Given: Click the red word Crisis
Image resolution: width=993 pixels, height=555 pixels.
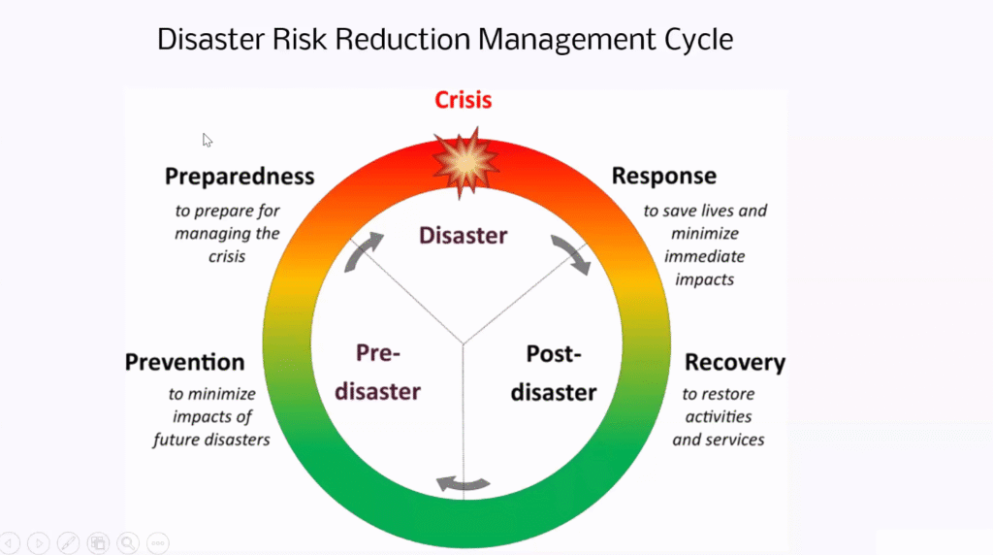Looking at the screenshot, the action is click(x=463, y=100).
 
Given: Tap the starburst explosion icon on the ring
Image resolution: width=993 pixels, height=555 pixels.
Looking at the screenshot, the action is click(x=466, y=163).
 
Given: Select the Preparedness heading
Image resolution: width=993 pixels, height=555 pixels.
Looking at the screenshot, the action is click(x=240, y=177).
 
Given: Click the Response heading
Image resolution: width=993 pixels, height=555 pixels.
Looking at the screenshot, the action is click(x=663, y=176).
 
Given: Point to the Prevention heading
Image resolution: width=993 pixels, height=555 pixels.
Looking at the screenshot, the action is click(x=184, y=362).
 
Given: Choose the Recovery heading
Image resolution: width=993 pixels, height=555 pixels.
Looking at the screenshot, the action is click(x=735, y=362).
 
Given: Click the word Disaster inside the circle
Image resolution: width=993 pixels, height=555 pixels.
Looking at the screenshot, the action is click(x=463, y=235).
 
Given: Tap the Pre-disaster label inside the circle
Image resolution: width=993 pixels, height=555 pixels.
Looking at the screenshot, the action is click(x=377, y=373).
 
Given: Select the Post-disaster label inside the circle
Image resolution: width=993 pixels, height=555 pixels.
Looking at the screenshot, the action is click(x=554, y=374).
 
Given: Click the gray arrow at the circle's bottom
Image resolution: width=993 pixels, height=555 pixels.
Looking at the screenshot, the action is click(x=463, y=485).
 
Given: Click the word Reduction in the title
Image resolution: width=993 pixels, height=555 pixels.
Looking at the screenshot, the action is click(x=402, y=39).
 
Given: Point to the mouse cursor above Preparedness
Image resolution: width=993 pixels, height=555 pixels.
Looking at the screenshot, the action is click(x=208, y=140).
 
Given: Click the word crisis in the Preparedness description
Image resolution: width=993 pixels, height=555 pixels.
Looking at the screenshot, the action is click(x=227, y=256).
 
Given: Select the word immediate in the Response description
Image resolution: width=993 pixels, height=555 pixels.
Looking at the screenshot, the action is click(x=705, y=256).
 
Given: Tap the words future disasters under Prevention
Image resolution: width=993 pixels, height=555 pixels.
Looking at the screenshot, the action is click(x=211, y=440).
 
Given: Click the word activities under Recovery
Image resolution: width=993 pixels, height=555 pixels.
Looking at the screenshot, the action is click(x=719, y=417).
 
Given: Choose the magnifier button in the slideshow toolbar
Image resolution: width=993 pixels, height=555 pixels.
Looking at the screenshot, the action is click(x=128, y=543).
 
